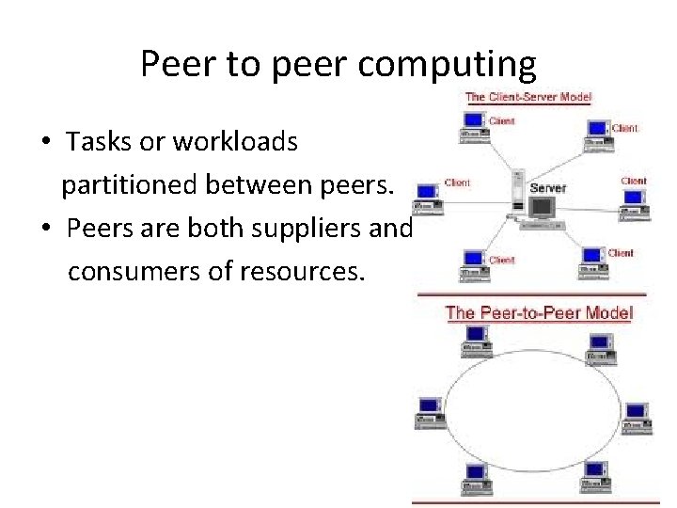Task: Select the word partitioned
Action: point(129,185)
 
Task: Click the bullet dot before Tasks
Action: point(45,143)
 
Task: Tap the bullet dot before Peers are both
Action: point(45,230)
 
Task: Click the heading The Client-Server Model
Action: point(528,97)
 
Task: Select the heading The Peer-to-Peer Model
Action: point(539,312)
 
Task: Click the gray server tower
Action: point(516,194)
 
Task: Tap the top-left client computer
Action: point(473,126)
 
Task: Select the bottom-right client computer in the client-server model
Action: point(592,262)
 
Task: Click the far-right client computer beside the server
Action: point(633,200)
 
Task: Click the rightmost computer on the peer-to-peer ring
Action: point(636,414)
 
